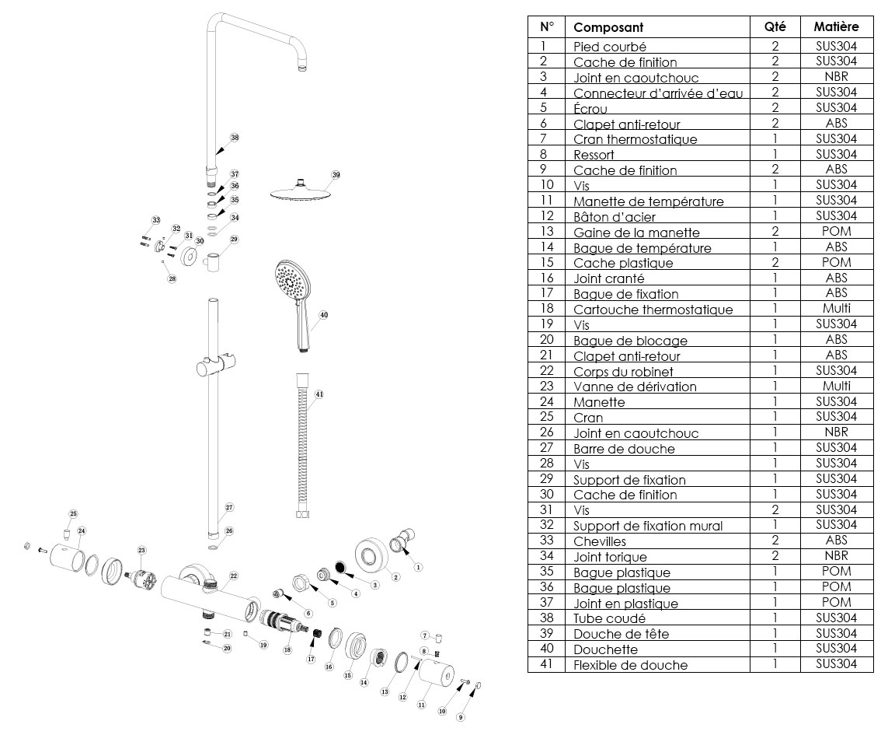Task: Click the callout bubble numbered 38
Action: [x=235, y=138]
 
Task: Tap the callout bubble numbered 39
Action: [x=336, y=175]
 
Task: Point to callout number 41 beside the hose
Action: [x=319, y=394]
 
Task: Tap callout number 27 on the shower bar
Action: [x=229, y=507]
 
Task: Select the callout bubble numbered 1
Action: [x=417, y=567]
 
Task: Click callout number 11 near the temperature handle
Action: [x=421, y=705]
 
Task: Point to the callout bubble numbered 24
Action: [x=82, y=530]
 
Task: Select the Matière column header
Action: [x=836, y=26]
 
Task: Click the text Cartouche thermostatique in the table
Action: [x=653, y=310]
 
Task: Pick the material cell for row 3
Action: [x=836, y=76]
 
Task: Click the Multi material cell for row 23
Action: [x=836, y=386]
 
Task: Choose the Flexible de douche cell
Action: [x=630, y=665]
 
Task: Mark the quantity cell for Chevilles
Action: [x=775, y=541]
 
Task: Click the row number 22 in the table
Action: [x=546, y=371]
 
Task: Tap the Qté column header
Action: [x=775, y=26]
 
